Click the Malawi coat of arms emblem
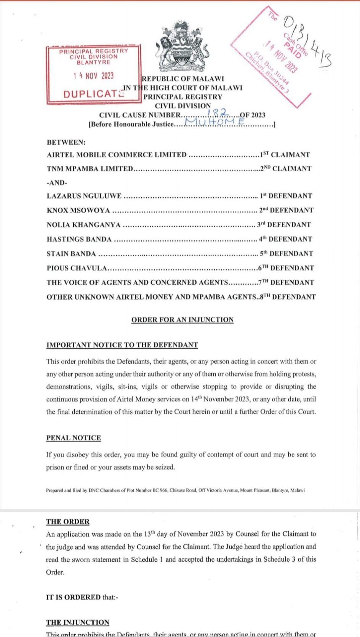click(x=182, y=47)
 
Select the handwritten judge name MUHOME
click(x=214, y=122)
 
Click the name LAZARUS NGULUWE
click(x=84, y=196)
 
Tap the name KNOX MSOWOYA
click(x=78, y=210)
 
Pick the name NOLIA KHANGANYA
click(x=83, y=225)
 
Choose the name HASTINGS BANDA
click(x=79, y=239)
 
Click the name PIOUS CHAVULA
click(x=77, y=268)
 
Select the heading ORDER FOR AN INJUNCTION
click(x=182, y=320)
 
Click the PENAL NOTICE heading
click(x=74, y=438)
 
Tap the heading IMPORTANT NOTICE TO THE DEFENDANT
click(x=122, y=345)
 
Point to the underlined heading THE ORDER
click(x=67, y=522)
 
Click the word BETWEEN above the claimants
click(x=66, y=142)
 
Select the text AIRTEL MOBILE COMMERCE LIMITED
click(x=116, y=155)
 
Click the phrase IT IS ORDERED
click(x=73, y=597)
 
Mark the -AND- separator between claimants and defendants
click(x=56, y=183)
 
